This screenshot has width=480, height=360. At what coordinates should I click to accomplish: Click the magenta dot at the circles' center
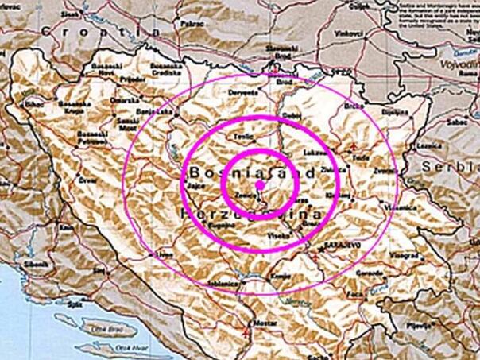tap(259, 184)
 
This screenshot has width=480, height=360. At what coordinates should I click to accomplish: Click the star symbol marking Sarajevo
tap(320, 250)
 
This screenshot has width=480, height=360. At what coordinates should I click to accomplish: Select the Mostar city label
tap(264, 323)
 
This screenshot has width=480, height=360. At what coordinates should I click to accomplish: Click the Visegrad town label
tap(405, 256)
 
